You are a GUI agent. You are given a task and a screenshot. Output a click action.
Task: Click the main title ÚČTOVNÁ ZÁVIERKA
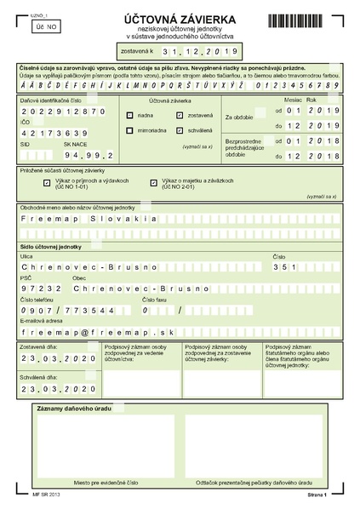click(180, 15)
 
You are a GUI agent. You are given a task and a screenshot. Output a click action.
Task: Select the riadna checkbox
click(129, 115)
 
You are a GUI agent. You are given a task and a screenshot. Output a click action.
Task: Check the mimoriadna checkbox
click(129, 131)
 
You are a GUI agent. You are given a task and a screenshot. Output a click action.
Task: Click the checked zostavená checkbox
click(180, 115)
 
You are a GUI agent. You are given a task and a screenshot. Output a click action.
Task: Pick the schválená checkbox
click(180, 131)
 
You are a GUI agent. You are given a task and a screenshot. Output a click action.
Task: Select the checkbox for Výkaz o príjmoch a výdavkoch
click(46, 182)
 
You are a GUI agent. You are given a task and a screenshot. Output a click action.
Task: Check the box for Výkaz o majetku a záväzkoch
click(153, 182)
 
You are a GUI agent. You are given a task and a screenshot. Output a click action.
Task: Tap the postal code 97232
click(36, 289)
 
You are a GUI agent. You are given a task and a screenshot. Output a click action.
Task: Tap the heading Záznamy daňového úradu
click(75, 409)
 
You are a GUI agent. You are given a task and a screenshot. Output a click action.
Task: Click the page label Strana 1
click(317, 493)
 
